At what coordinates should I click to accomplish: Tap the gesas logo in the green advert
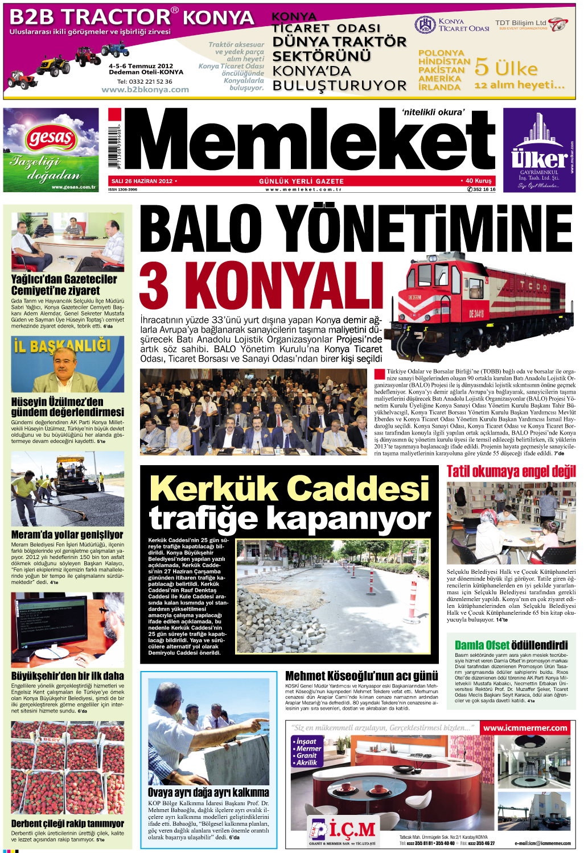pyautogui.click(x=51, y=138)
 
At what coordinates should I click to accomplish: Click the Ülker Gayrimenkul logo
pyautogui.click(x=539, y=159)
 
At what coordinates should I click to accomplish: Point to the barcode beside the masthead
pyautogui.click(x=114, y=146)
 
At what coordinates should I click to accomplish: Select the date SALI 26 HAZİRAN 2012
pyautogui.click(x=142, y=181)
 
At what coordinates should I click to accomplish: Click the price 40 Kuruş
pyautogui.click(x=478, y=181)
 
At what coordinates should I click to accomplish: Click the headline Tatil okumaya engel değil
pyautogui.click(x=511, y=471)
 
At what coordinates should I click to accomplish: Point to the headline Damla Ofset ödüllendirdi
pyautogui.click(x=511, y=645)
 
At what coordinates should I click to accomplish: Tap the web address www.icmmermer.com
pyautogui.click(x=525, y=728)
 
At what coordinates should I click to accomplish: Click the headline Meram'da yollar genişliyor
pyautogui.click(x=67, y=535)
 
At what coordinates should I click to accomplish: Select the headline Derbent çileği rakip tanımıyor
pyautogui.click(x=67, y=823)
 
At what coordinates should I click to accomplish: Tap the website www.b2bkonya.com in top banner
pyautogui.click(x=145, y=89)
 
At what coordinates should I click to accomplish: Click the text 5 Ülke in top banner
pyautogui.click(x=505, y=68)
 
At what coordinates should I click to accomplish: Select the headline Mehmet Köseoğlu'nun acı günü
pyautogui.click(x=361, y=676)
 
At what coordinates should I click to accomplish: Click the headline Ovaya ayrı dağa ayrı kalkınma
pyautogui.click(x=208, y=792)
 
